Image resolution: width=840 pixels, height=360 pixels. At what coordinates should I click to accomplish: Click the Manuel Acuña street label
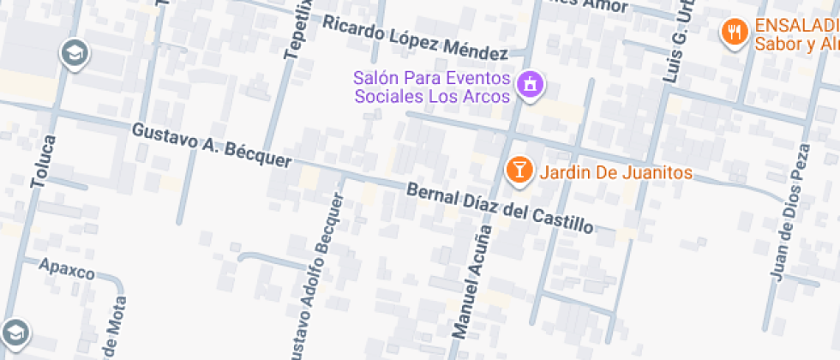click(x=472, y=281)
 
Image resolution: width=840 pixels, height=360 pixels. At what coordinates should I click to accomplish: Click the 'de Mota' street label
click(x=114, y=328)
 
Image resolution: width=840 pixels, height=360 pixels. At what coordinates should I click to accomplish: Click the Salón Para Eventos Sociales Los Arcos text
click(x=433, y=87)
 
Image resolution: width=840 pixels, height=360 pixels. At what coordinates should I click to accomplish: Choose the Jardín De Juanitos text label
click(x=615, y=172)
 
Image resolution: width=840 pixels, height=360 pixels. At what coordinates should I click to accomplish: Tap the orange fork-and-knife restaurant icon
click(x=733, y=33)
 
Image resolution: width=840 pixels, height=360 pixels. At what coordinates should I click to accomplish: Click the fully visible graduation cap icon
click(x=75, y=54)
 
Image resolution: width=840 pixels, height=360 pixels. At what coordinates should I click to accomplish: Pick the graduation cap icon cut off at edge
click(x=14, y=333)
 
